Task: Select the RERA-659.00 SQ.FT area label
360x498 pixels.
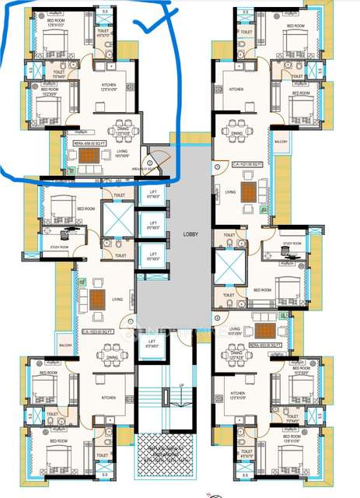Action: pos(89,144)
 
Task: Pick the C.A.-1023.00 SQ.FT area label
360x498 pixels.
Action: pos(97,332)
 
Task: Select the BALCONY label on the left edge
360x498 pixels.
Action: pos(65,342)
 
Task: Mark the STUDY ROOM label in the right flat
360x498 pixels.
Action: pos(292,244)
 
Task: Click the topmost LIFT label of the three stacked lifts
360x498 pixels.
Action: pos(153,195)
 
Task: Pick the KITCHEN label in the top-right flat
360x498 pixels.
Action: pos(236,89)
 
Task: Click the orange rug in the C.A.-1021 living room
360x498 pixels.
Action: pos(248,191)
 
